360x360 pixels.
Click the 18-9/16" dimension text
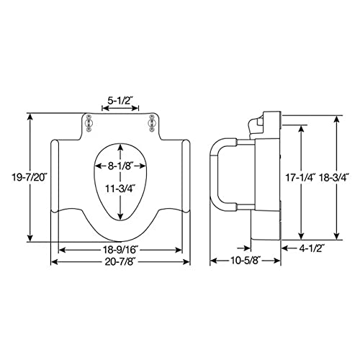click(120, 249)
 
